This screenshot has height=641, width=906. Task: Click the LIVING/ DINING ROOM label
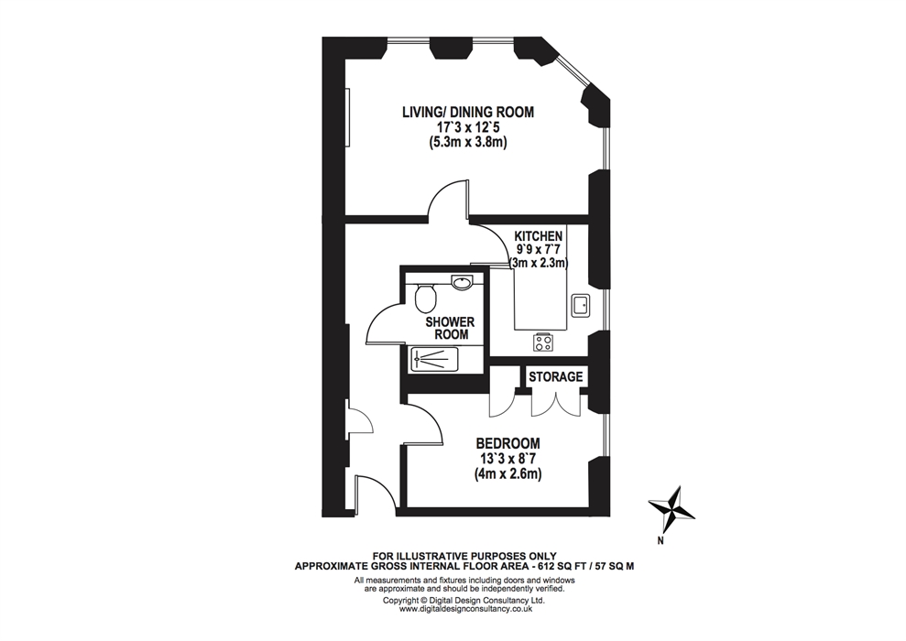468,112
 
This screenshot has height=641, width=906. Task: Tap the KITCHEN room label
539,235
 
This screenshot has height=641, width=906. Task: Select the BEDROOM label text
508,443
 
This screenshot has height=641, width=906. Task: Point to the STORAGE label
556,377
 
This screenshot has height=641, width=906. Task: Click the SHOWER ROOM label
450,328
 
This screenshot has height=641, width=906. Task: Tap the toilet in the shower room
426,296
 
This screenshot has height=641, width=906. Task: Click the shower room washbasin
463,282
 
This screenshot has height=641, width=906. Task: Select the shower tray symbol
434,359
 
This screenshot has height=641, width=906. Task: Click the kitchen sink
580,304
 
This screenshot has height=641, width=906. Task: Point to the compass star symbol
671,510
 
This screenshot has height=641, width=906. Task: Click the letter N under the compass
660,541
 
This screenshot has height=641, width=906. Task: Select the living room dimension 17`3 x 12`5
468,127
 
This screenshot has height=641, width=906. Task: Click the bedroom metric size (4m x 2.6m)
508,474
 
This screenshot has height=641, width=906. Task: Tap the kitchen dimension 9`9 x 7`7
539,249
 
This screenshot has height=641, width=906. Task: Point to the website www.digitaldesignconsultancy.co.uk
465,609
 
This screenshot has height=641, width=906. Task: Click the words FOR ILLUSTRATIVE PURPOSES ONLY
464,557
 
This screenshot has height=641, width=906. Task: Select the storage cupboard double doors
556,404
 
